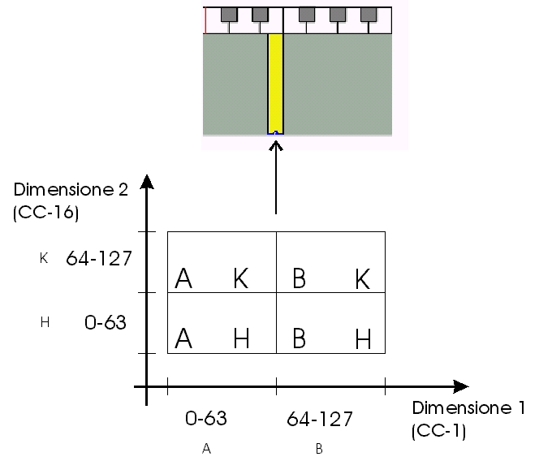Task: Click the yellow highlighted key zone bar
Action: click(x=276, y=84)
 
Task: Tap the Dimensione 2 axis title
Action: click(x=71, y=190)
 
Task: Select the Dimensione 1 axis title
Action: click(x=468, y=408)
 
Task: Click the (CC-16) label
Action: click(x=45, y=213)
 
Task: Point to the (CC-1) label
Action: click(x=438, y=431)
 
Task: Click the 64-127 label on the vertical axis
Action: click(x=99, y=258)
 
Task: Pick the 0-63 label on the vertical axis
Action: click(x=106, y=322)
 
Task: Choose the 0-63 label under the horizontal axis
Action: click(x=206, y=418)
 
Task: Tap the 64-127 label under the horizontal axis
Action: click(x=320, y=419)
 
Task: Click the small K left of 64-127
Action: click(x=44, y=258)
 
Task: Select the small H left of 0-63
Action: click(x=45, y=322)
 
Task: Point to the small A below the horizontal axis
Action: click(x=207, y=449)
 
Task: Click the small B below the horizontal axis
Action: click(x=319, y=449)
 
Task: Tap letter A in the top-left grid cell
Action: click(x=183, y=278)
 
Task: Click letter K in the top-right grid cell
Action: click(x=363, y=278)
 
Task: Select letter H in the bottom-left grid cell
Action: click(x=242, y=338)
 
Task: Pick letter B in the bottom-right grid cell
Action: click(x=300, y=338)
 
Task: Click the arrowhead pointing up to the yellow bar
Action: click(x=276, y=145)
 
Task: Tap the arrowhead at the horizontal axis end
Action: click(x=461, y=386)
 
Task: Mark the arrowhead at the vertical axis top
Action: click(x=147, y=182)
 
